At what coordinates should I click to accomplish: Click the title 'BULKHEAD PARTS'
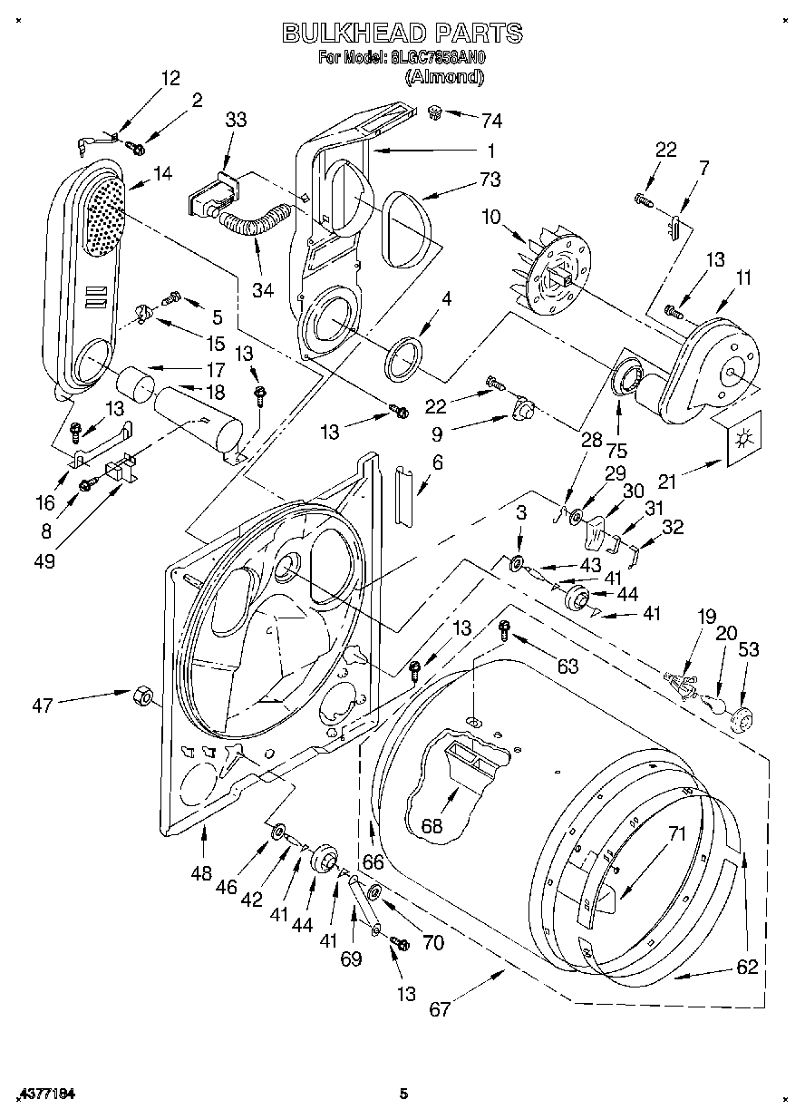coord(402,34)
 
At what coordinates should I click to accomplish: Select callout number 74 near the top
coord(491,121)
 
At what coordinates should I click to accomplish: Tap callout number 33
coord(236,120)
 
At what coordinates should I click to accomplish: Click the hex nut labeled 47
coord(141,695)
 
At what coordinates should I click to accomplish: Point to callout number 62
coord(746,967)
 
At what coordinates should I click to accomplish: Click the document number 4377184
coord(45,1095)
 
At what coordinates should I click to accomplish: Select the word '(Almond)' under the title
coord(444,78)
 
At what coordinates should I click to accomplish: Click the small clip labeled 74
coord(436,112)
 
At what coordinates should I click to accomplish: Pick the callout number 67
coord(440,1009)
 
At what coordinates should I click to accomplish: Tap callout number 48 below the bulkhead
coord(201,873)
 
